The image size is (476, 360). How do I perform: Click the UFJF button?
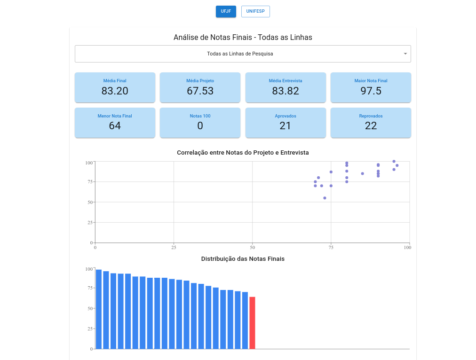(226, 11)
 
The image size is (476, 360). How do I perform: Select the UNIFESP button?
(255, 11)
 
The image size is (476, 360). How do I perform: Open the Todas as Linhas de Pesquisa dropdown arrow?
(405, 54)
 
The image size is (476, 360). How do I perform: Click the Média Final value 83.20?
(115, 91)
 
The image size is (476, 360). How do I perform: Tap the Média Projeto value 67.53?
(200, 91)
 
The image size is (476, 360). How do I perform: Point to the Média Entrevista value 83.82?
(286, 91)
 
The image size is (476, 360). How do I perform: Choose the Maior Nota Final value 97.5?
(371, 91)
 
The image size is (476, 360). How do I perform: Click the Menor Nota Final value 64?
(115, 126)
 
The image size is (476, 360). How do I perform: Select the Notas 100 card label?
(200, 116)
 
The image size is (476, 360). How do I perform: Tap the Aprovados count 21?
(286, 126)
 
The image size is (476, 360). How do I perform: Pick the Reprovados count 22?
(371, 126)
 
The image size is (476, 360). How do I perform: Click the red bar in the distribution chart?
(252, 323)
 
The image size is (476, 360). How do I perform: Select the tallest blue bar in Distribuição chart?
(99, 309)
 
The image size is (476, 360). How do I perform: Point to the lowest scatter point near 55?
(325, 198)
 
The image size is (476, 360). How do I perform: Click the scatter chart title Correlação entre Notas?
(243, 153)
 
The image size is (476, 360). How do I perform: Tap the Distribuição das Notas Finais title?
(243, 259)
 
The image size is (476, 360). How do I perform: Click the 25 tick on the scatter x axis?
(174, 247)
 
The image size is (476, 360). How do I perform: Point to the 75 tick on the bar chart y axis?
(89, 289)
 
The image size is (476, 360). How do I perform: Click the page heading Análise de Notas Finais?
(243, 37)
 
